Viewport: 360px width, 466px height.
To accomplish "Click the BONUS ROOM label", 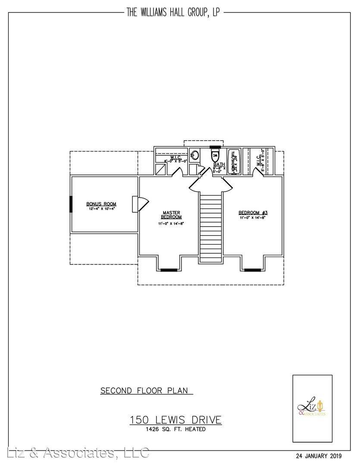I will click(x=101, y=204).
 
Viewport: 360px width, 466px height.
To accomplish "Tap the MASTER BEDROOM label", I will click(x=172, y=214).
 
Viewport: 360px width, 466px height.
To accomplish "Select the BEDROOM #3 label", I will click(x=254, y=213).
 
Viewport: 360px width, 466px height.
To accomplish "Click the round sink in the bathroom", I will click(x=195, y=155).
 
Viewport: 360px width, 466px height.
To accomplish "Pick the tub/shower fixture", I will click(x=234, y=162).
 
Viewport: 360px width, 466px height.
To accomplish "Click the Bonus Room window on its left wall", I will click(x=71, y=204).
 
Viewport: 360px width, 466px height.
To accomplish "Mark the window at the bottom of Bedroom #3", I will click(x=252, y=270).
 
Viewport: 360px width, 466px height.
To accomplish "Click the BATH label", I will click(x=219, y=164).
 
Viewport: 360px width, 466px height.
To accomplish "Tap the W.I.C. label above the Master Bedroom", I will click(x=175, y=157).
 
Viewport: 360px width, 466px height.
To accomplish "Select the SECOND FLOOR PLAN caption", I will click(x=144, y=390).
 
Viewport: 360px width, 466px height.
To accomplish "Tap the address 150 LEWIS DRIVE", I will click(x=176, y=419).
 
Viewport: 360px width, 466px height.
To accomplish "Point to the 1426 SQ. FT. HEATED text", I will click(x=176, y=429).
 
